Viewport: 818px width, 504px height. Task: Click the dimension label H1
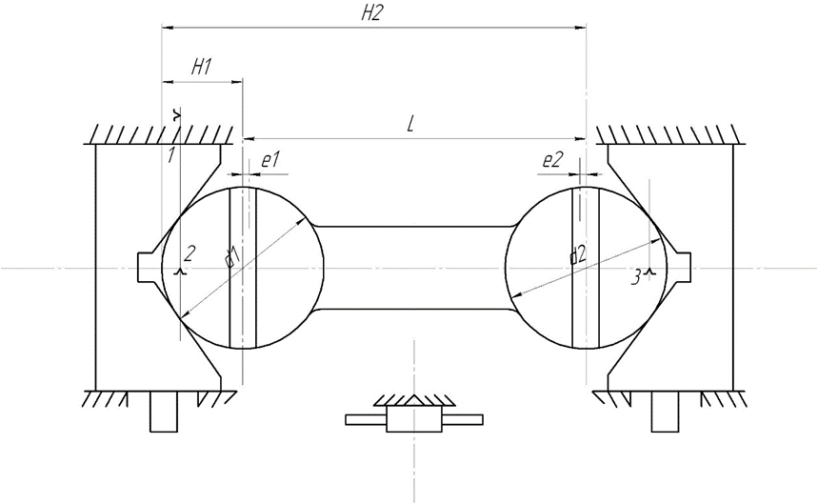pyautogui.click(x=201, y=67)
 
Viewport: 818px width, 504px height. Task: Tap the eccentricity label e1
pyautogui.click(x=270, y=161)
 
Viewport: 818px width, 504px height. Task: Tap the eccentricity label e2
pyautogui.click(x=552, y=161)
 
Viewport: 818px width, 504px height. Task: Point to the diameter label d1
pyautogui.click(x=229, y=257)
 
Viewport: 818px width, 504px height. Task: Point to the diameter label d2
pyautogui.click(x=578, y=254)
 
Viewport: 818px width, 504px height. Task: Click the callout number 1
pyautogui.click(x=170, y=155)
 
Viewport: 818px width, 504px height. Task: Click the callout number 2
pyautogui.click(x=190, y=253)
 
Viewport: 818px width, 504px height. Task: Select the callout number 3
pyautogui.click(x=637, y=278)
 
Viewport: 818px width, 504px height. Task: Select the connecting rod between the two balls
pyautogui.click(x=414, y=268)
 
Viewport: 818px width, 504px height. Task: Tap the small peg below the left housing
pyautogui.click(x=164, y=412)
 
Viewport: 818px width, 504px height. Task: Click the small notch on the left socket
pyautogui.click(x=148, y=268)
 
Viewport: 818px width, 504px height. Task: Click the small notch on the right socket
pyautogui.click(x=681, y=268)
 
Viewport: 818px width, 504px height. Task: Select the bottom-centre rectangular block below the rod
pyautogui.click(x=413, y=418)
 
